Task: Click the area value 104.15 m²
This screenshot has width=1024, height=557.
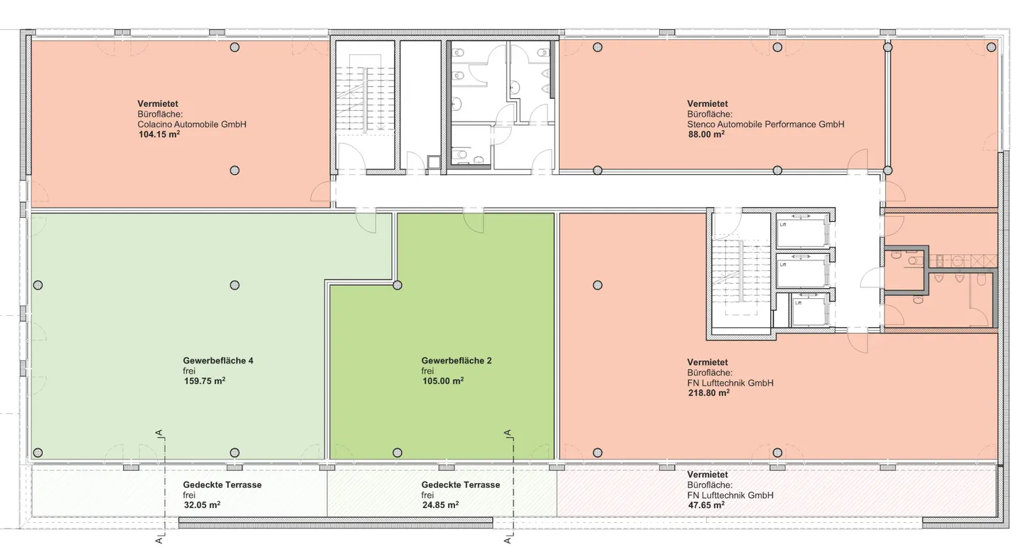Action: coord(159,134)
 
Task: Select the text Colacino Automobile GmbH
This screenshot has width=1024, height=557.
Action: coord(192,124)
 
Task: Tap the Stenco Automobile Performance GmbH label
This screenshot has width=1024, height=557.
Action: coord(766,124)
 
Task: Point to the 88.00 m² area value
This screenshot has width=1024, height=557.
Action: coord(706,134)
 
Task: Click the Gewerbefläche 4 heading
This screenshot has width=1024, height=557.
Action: coord(218,361)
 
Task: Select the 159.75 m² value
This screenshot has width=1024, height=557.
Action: coord(204,381)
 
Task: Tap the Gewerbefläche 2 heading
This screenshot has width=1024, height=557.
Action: coord(457,361)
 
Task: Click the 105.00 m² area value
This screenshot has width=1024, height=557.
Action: coord(443,381)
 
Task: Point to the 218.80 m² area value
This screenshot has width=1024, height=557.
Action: coord(708,393)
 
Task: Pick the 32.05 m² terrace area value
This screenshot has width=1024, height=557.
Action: coord(202,505)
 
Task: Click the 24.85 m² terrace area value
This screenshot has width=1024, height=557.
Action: coord(441,505)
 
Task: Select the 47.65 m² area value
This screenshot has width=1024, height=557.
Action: coord(706,505)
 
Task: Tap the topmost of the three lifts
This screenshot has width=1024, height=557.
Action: coord(803,231)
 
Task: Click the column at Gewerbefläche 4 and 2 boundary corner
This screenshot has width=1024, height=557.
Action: coord(398,285)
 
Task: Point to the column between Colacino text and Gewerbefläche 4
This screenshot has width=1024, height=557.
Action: coord(235,171)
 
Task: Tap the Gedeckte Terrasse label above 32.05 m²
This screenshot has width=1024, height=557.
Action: coord(222,484)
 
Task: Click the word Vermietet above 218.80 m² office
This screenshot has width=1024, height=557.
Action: coord(707,362)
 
